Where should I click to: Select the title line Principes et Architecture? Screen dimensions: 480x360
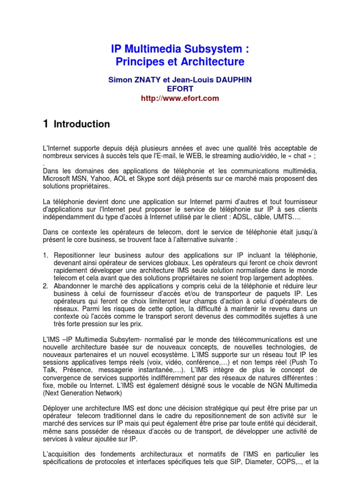coord(180,62)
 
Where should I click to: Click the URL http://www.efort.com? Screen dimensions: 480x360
coord(180,98)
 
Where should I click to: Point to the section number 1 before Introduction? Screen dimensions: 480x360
coord(45,124)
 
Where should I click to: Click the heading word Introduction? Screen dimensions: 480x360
coord(82,124)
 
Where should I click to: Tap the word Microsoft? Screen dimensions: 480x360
coord(58,179)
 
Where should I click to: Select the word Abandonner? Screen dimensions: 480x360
coord(74,286)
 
